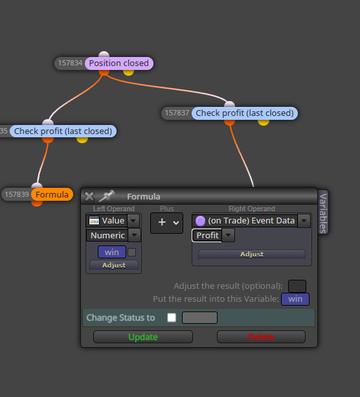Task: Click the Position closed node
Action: point(119,63)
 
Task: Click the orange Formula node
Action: point(52,194)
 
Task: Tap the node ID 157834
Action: point(70,63)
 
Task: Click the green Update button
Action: point(143,337)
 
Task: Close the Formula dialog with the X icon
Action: point(89,196)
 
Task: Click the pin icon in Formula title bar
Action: point(106,196)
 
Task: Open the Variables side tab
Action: point(323,212)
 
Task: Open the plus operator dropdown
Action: point(166,223)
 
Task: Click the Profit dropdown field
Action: point(213,235)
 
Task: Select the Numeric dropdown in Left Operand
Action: point(113,235)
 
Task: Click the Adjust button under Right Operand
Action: point(252,255)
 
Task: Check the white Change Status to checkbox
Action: point(172,317)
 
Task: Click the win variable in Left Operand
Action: point(112,252)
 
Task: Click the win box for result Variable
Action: point(295,299)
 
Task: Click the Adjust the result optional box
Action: point(297,286)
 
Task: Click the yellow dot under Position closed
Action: point(128,72)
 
